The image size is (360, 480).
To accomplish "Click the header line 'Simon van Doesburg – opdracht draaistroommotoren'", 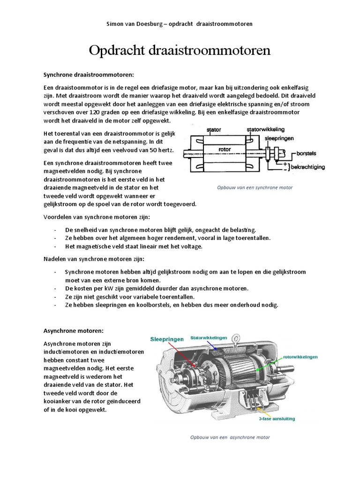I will pyautogui.click(x=180, y=24).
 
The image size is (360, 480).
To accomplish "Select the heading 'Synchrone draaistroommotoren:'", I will pyautogui.click(x=89, y=75).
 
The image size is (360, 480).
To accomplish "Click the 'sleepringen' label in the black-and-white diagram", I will pyautogui.click(x=279, y=139).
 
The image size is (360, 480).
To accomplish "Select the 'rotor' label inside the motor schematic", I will pyautogui.click(x=225, y=150).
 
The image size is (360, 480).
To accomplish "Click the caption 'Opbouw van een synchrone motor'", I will pyautogui.click(x=255, y=187).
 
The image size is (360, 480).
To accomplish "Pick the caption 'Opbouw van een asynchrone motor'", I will pyautogui.click(x=230, y=437).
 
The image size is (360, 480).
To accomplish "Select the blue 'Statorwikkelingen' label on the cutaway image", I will pyautogui.click(x=209, y=337).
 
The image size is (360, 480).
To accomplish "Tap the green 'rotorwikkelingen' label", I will pyautogui.click(x=300, y=357).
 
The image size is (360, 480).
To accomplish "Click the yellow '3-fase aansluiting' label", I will pyautogui.click(x=277, y=419).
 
